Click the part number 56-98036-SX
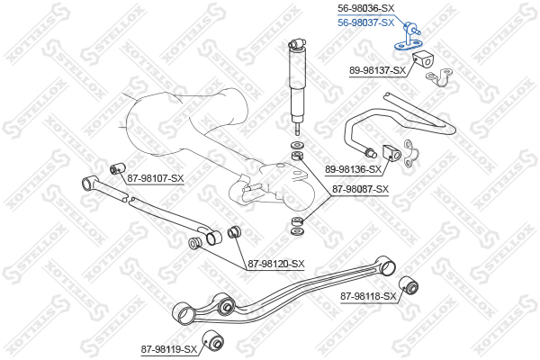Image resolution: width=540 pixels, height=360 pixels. point(365,8)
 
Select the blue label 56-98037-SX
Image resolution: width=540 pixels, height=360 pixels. point(365,23)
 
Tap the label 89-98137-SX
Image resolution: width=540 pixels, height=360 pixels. point(378,70)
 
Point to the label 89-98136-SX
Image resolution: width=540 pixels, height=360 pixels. point(354,169)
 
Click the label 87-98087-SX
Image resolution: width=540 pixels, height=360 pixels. point(360,189)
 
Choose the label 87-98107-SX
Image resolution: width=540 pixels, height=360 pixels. point(156,178)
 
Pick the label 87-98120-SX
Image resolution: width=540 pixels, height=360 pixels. point(276,265)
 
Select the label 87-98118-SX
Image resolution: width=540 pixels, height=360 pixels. point(368,296)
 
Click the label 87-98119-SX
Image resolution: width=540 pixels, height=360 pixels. point(169,350)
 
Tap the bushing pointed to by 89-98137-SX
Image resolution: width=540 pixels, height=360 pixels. point(422,59)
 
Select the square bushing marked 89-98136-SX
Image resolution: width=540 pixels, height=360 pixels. point(391,153)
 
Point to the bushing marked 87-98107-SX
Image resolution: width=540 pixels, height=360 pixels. point(117,167)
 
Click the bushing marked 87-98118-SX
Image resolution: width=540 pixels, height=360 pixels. point(409,285)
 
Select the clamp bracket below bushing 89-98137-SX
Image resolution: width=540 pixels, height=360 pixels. point(439,78)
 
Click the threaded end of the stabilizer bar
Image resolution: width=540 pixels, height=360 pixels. point(371,153)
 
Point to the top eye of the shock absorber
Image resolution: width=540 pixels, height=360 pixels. point(295,44)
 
